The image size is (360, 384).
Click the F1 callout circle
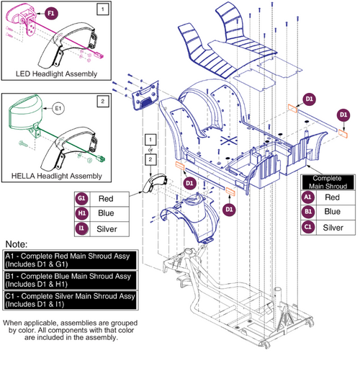(x=50, y=13)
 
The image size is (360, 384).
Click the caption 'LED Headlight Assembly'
(x=55, y=73)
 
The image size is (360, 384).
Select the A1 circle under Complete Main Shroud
(x=308, y=196)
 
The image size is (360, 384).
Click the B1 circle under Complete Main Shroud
(x=308, y=212)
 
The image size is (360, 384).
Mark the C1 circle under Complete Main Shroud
(x=308, y=228)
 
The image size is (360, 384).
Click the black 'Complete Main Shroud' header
(x=328, y=181)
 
